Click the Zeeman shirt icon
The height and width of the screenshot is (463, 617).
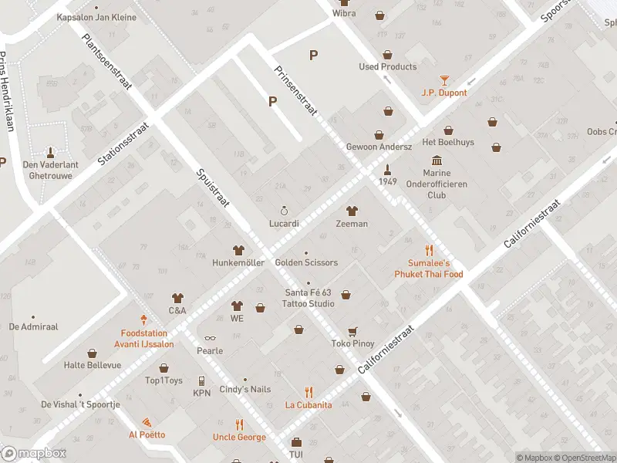click(352, 211)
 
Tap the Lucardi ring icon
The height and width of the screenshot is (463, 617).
click(284, 211)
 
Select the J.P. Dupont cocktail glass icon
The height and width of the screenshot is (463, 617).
click(444, 79)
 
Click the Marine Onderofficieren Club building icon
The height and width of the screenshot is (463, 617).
click(437, 160)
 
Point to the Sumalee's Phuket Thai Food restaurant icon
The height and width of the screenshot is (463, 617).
click(429, 250)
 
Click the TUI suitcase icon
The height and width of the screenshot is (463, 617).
click(296, 443)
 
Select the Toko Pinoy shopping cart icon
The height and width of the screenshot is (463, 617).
click(352, 331)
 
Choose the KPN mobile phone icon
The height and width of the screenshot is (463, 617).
click(201, 380)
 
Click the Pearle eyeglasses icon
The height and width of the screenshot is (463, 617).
click(209, 338)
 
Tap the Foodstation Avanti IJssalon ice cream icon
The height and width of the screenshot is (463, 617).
click(143, 319)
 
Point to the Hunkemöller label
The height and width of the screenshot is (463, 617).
click(238, 263)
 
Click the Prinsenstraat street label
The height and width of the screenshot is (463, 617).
click(296, 90)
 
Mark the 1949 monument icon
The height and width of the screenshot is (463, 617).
click(388, 168)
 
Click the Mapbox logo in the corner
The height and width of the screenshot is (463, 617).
click(33, 454)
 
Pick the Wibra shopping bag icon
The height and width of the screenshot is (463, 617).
click(379, 15)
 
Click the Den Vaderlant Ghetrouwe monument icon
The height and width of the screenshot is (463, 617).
click(51, 151)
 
